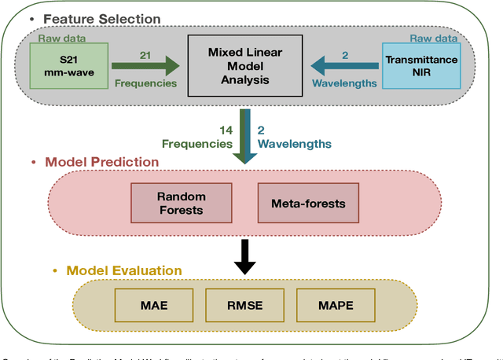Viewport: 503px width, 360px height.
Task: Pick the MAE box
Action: coord(154,304)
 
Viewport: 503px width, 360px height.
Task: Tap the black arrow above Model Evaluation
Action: coord(246,256)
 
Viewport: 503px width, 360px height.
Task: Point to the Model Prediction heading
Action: coord(101,162)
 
